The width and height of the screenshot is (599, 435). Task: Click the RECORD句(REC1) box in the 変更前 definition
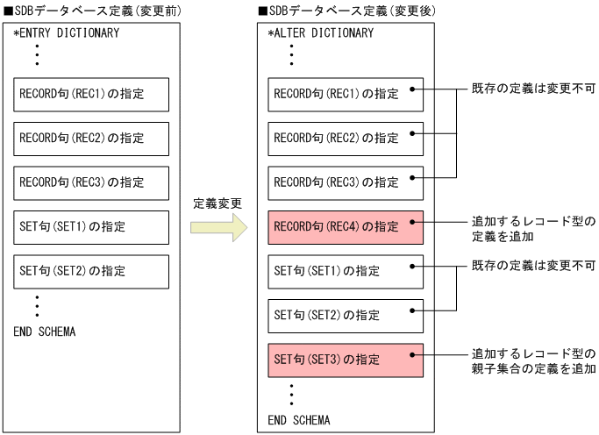(x=90, y=94)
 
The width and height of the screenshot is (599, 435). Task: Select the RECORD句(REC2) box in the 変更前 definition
(x=90, y=139)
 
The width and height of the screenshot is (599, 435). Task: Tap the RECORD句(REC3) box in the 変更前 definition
(x=90, y=182)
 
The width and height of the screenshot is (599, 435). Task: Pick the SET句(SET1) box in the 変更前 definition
(x=90, y=227)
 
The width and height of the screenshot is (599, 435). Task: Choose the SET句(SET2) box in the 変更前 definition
(x=90, y=271)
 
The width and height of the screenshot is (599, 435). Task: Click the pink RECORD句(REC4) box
(x=346, y=227)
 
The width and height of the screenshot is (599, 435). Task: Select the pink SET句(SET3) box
(x=346, y=360)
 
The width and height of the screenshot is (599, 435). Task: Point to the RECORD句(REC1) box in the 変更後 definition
(x=346, y=94)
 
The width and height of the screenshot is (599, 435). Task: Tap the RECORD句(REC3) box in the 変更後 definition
(x=346, y=182)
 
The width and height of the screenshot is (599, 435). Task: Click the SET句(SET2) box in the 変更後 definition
(x=346, y=315)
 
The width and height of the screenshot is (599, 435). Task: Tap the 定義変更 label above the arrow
(x=217, y=203)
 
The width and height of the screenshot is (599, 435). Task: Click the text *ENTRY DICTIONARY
(x=67, y=33)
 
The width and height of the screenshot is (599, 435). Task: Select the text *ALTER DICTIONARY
(x=321, y=33)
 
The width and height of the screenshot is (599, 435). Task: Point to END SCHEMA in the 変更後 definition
(x=299, y=420)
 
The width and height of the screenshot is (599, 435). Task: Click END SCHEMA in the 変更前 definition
(x=45, y=332)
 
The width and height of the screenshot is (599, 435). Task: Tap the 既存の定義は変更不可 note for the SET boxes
(x=533, y=266)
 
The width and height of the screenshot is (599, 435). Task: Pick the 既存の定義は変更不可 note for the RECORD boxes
(x=533, y=89)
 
